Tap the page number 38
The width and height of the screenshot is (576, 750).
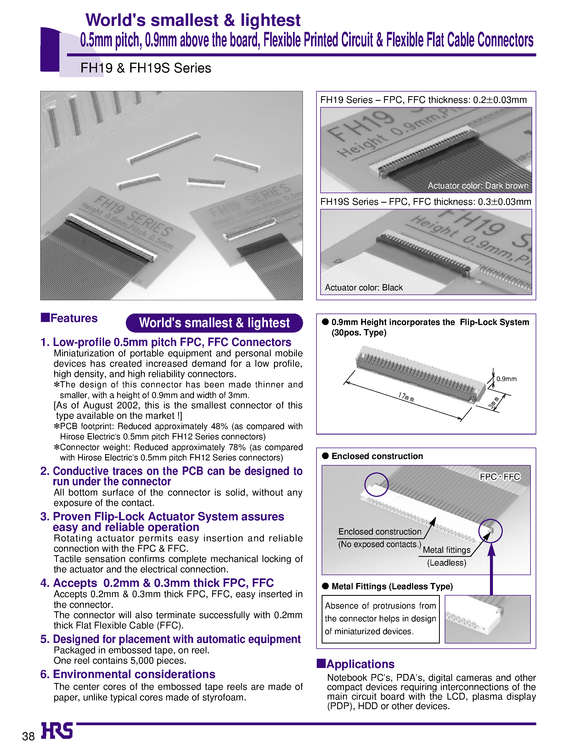point(28,736)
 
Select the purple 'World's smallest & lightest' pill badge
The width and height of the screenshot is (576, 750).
point(214,323)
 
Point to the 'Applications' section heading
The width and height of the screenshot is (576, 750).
point(360,664)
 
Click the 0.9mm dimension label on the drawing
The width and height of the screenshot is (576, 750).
point(506,379)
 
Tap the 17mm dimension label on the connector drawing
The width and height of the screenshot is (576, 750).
point(406,397)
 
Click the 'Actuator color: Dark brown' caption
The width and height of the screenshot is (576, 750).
point(478,186)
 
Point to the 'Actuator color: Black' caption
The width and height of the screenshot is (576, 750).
point(363,287)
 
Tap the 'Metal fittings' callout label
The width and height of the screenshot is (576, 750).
point(446,550)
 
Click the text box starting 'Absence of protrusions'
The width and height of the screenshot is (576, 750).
point(380,619)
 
